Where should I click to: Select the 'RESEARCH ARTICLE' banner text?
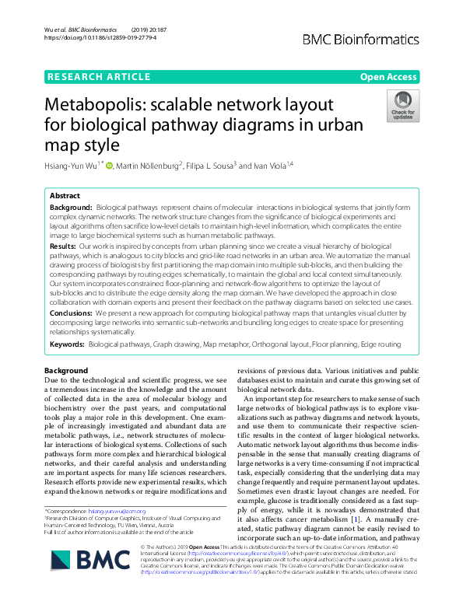pyautogui.click(x=100, y=76)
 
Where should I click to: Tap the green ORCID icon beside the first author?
pyautogui.click(x=109, y=165)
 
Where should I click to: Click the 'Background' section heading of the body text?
pyautogui.click(x=66, y=370)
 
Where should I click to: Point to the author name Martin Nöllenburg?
pyautogui.click(x=149, y=165)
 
